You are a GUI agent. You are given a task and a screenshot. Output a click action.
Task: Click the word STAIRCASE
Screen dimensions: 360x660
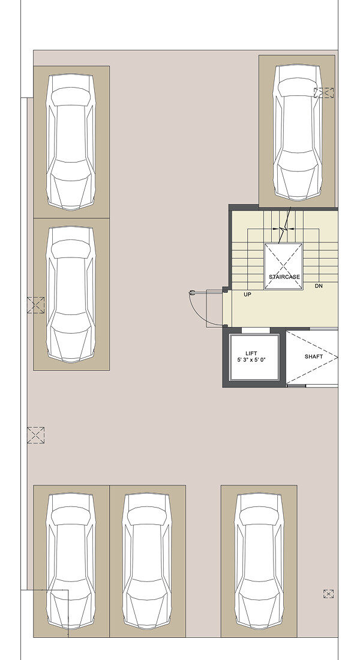[284, 277]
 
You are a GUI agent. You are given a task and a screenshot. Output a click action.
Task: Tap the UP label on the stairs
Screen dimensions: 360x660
[248, 295]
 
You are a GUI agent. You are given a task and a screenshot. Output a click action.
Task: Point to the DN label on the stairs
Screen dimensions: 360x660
[319, 286]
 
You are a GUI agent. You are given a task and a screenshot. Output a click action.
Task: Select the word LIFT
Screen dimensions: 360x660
[251, 353]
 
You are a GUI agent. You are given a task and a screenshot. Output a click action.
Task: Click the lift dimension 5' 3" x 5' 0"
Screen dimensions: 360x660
[251, 361]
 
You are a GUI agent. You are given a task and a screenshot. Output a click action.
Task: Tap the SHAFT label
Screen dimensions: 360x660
[314, 356]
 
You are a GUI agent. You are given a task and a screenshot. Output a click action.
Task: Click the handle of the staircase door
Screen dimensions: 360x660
[193, 292]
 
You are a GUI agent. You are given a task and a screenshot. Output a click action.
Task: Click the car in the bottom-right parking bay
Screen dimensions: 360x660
[259, 561]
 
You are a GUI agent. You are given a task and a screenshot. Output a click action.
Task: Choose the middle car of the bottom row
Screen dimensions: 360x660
[147, 561]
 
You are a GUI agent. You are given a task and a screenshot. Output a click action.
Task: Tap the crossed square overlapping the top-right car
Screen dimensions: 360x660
[324, 92]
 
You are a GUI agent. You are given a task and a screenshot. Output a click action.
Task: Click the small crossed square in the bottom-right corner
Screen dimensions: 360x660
[328, 594]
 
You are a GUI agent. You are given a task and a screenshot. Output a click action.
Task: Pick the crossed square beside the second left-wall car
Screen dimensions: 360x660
[36, 305]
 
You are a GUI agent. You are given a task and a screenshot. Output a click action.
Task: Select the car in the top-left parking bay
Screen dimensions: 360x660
[71, 142]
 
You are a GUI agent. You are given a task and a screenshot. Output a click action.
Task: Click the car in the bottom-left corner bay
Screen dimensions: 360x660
[71, 561]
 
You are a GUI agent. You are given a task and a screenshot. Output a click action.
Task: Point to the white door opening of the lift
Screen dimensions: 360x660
[256, 331]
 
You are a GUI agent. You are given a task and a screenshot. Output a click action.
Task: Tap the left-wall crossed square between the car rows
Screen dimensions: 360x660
[36, 435]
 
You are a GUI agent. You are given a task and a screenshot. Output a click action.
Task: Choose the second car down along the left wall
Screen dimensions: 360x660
[71, 294]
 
